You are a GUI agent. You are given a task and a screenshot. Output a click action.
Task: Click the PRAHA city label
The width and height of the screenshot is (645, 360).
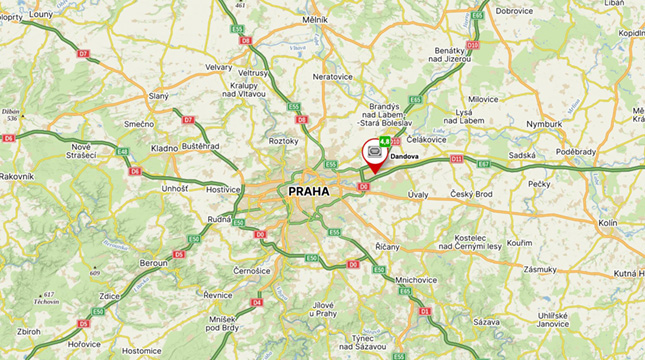[308, 190]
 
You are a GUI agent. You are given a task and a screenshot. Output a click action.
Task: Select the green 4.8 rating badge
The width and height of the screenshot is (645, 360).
[386, 141]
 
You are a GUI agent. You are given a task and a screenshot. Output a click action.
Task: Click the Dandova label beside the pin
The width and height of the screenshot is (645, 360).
[405, 157]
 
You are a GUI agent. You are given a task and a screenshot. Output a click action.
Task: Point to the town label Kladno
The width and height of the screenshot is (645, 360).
[164, 148]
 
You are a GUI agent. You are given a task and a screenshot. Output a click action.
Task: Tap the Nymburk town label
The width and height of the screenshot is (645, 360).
[545, 124]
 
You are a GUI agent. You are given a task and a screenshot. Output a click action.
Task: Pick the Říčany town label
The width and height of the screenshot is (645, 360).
[386, 246]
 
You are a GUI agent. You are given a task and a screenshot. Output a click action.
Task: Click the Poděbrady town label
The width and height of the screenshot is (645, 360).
[577, 151]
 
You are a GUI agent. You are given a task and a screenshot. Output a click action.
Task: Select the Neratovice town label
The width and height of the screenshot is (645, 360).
[332, 76]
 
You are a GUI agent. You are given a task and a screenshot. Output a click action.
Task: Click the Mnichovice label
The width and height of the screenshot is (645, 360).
[417, 280]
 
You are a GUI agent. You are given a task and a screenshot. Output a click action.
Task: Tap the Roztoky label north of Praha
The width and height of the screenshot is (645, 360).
[284, 141]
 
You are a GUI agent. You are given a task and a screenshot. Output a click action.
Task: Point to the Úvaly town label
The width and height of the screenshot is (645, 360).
[418, 194]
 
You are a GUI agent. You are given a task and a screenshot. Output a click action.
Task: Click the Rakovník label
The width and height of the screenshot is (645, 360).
[17, 176]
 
